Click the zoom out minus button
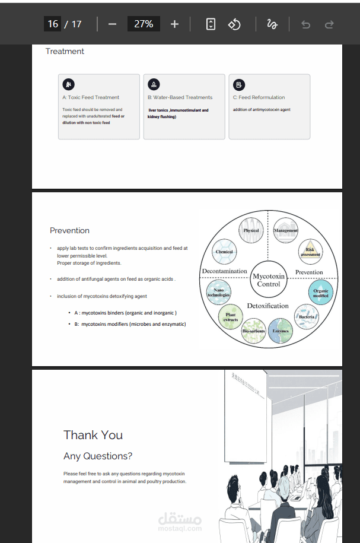[113, 24]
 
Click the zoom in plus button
[174, 24]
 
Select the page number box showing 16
[53, 24]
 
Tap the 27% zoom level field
[144, 24]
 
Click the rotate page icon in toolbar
[234, 24]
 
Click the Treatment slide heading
[65, 52]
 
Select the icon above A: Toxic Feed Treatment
[69, 84]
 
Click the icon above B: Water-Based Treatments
[154, 84]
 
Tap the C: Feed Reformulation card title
[259, 97]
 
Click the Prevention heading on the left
[69, 231]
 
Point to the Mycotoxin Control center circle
[269, 280]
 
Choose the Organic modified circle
[321, 293]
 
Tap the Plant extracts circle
[231, 317]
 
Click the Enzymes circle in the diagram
[281, 331]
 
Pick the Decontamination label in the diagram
[224, 271]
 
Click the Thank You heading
[93, 435]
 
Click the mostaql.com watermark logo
[180, 520]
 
